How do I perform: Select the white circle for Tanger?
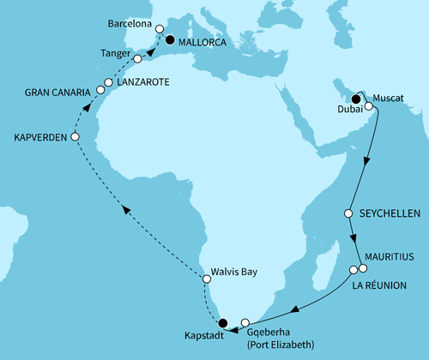coord(137,58)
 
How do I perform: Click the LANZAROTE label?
coord(145,81)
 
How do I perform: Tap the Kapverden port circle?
coord(75,137)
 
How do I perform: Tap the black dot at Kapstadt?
coord(223,323)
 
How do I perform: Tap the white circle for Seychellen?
coord(348,213)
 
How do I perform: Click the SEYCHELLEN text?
coord(388,213)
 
